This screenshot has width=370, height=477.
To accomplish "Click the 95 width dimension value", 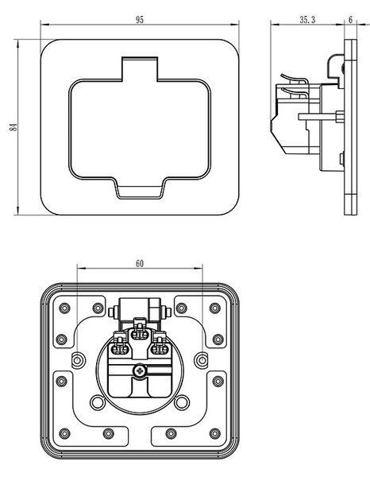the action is tap(140, 20).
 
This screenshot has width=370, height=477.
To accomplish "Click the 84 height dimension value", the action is tap(13, 127).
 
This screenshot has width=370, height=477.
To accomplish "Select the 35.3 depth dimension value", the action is tap(307, 20).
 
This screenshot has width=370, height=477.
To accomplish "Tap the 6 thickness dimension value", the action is tap(351, 20).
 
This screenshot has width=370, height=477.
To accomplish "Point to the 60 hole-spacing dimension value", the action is tap(140, 263).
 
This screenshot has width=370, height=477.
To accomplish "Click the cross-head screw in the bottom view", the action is tap(140, 370).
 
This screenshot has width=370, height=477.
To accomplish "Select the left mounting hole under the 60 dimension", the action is tap(77, 360).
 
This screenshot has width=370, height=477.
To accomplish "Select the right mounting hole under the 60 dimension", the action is tap(202, 360).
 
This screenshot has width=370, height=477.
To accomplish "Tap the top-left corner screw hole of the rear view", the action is tap(64, 308).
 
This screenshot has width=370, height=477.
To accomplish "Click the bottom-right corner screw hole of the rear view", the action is tap(214, 433).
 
